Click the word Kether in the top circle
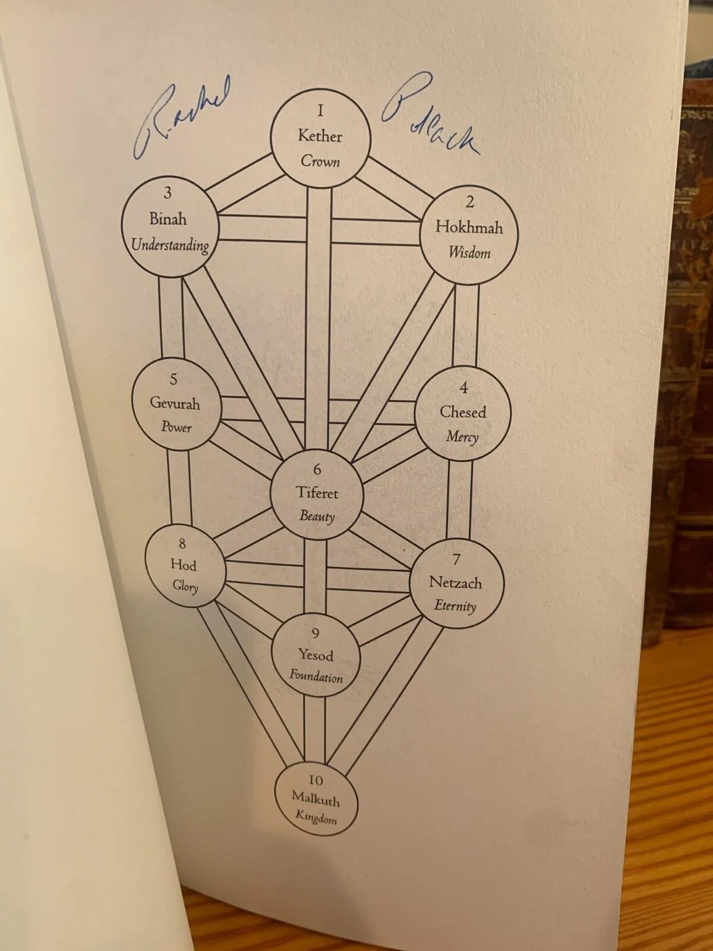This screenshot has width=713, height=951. (320, 136)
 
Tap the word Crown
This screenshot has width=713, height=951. (320, 161)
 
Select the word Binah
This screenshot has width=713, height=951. (168, 219)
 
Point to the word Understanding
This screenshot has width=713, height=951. (170, 245)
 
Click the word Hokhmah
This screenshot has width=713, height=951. (469, 227)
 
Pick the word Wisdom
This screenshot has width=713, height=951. (469, 253)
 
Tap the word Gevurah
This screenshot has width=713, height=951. (175, 403)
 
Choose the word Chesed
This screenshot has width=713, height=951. (462, 412)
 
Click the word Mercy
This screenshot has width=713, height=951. (462, 437)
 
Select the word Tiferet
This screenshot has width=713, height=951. (317, 493)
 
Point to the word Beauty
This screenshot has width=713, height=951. (317, 516)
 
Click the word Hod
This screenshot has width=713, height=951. (183, 564)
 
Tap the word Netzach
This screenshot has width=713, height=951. (455, 582)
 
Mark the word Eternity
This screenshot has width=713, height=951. (455, 606)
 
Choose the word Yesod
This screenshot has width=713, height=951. (316, 655)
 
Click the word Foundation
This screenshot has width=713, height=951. (316, 676)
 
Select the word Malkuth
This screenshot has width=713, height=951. (316, 799)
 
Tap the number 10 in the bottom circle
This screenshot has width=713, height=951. (315, 780)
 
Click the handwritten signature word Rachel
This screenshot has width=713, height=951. (178, 119)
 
